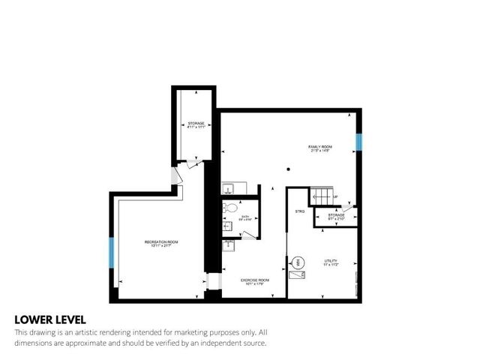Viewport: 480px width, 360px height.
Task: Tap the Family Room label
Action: point(320,148)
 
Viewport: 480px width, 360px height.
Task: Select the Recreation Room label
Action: point(161,243)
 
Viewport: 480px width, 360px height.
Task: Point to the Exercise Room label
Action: point(253,281)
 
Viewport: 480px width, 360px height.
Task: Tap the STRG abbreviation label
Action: point(299,212)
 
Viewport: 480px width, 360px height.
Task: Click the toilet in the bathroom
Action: point(231,208)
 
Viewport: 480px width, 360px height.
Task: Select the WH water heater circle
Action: point(297,262)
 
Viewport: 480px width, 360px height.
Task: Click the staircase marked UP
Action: point(322,196)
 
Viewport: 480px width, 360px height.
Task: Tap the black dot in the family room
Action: point(288,169)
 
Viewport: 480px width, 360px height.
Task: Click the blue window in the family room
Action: point(358,140)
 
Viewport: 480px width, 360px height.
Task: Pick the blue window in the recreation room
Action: point(112,253)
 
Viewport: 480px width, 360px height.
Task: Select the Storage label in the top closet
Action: point(196,125)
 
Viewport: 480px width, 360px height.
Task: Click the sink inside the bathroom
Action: point(229,224)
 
